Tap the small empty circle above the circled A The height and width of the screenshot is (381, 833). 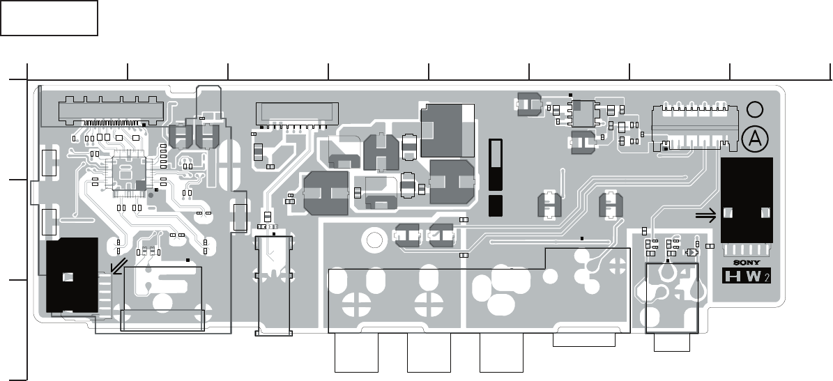click(x=754, y=109)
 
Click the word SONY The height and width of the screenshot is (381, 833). click(x=747, y=263)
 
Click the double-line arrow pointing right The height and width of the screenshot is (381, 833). click(x=706, y=217)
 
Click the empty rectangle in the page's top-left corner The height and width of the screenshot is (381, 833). click(x=49, y=18)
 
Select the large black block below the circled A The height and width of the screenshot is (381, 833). click(x=747, y=201)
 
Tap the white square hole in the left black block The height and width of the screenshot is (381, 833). click(x=67, y=277)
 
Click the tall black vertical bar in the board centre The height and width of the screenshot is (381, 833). click(x=496, y=164)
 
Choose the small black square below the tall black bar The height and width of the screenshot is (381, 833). click(x=496, y=205)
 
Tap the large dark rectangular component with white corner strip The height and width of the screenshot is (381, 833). click(x=448, y=130)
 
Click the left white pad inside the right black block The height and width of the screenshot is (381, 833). click(x=728, y=212)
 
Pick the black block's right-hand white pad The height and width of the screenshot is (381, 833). click(x=765, y=212)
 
